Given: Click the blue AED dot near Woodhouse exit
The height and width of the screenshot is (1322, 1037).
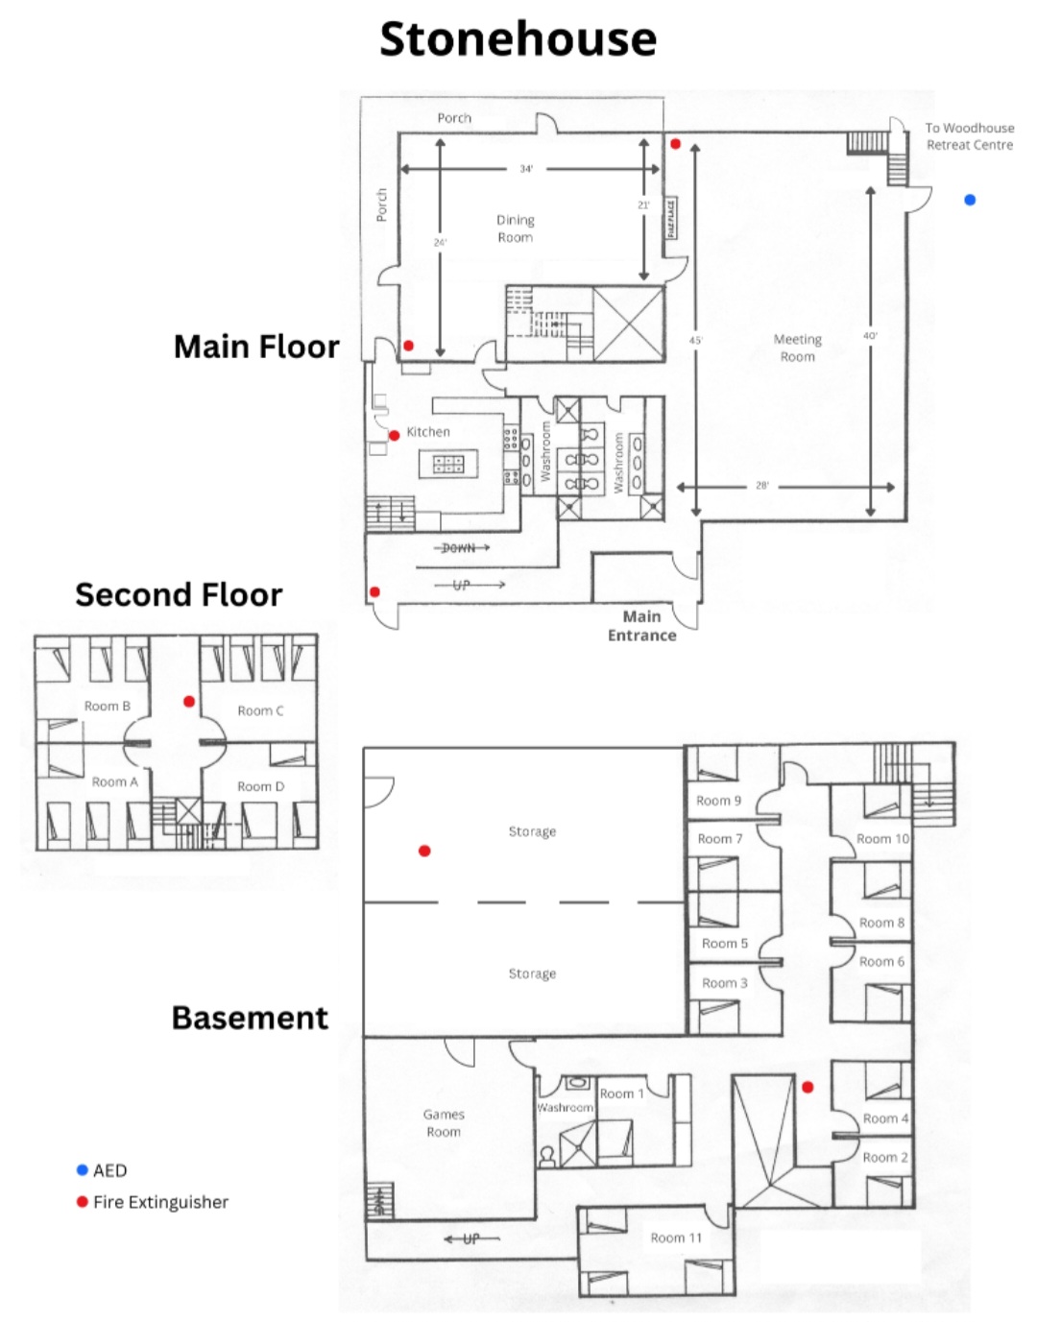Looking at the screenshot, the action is pyautogui.click(x=970, y=200).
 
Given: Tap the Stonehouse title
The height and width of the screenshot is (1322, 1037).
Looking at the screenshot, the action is pyautogui.click(x=518, y=39).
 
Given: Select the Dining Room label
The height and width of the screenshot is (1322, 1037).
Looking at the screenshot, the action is pyautogui.click(x=515, y=228).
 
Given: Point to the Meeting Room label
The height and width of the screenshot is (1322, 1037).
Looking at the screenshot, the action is pyautogui.click(x=797, y=348).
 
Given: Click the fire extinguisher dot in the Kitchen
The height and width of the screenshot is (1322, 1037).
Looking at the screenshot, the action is pyautogui.click(x=394, y=436).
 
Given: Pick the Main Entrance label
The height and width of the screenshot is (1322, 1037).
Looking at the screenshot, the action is pyautogui.click(x=641, y=626).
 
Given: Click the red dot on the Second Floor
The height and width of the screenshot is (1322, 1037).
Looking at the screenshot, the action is pyautogui.click(x=189, y=702).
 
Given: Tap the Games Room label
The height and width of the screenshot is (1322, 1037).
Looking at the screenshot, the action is pyautogui.click(x=444, y=1123).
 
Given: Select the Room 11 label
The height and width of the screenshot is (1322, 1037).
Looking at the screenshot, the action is pyautogui.click(x=676, y=1238).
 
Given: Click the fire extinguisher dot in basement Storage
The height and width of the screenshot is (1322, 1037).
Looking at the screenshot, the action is pyautogui.click(x=424, y=851).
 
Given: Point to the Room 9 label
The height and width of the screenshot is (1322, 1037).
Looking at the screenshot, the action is pyautogui.click(x=718, y=801).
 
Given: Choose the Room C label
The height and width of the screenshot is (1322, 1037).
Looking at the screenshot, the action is pyautogui.click(x=260, y=711).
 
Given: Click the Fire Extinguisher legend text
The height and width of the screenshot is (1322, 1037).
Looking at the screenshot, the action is pyautogui.click(x=160, y=1202).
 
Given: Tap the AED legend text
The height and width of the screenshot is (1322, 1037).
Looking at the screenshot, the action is pyautogui.click(x=109, y=1170).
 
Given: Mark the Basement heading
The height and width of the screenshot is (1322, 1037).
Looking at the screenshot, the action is pyautogui.click(x=250, y=1018).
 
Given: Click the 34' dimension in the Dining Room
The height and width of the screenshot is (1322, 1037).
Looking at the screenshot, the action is pyautogui.click(x=526, y=169).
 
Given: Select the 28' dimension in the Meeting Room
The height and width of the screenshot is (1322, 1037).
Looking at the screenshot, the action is pyautogui.click(x=762, y=486).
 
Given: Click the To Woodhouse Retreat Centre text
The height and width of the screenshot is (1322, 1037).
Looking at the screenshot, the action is pyautogui.click(x=970, y=136).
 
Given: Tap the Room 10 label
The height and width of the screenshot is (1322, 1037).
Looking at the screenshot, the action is pyautogui.click(x=882, y=839).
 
